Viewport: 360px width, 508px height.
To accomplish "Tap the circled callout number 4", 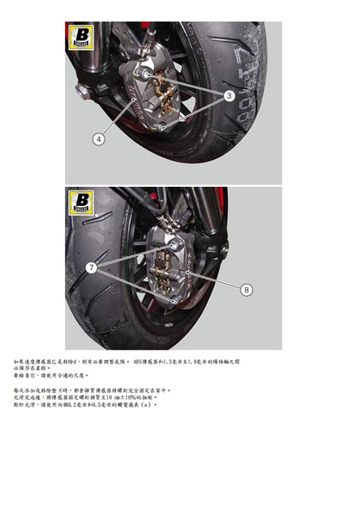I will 99,138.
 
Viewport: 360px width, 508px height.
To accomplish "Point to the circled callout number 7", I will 91,269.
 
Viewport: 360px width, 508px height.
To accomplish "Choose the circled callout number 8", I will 245,289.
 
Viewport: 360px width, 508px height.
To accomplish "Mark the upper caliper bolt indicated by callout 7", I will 174,248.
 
